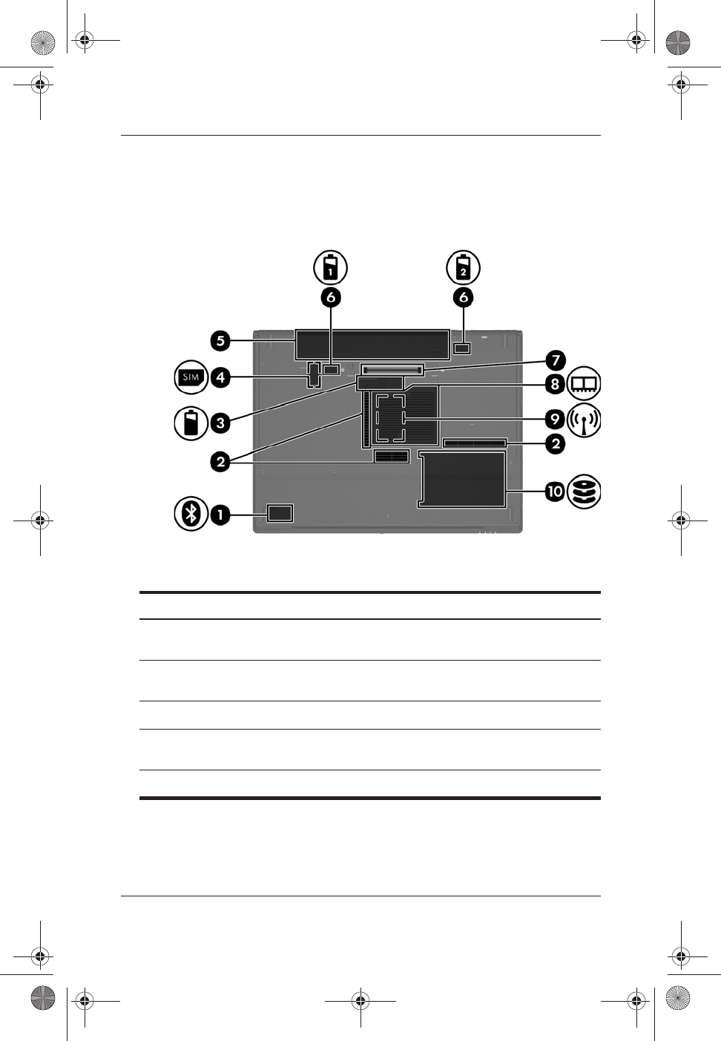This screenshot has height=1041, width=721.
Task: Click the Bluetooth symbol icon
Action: click(x=191, y=513)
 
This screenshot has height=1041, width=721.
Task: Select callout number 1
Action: click(x=220, y=514)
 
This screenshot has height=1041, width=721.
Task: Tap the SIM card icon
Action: click(x=191, y=377)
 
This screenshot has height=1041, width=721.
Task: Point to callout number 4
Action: click(x=220, y=377)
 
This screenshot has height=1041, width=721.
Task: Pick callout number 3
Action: click(x=220, y=423)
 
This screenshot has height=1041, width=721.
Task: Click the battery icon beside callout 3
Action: click(x=191, y=423)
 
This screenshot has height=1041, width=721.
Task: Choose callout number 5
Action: click(x=220, y=341)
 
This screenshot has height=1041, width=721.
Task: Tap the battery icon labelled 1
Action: click(x=331, y=267)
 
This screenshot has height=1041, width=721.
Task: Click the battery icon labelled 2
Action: click(x=463, y=267)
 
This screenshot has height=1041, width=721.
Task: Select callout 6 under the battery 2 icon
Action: click(x=463, y=297)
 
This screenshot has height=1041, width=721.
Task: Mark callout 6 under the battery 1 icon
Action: click(x=331, y=297)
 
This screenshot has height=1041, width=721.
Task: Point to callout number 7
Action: click(x=555, y=361)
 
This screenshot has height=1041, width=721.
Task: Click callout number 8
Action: click(x=555, y=384)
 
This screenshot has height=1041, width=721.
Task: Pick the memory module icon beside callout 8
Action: click(x=584, y=384)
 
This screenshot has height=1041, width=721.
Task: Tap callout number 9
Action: click(x=555, y=420)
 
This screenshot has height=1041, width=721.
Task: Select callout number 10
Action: click(x=555, y=491)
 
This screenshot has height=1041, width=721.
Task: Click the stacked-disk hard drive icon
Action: click(x=584, y=491)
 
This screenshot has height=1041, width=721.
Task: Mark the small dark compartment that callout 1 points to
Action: click(x=280, y=512)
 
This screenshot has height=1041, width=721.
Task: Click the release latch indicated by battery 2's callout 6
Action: click(x=463, y=348)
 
